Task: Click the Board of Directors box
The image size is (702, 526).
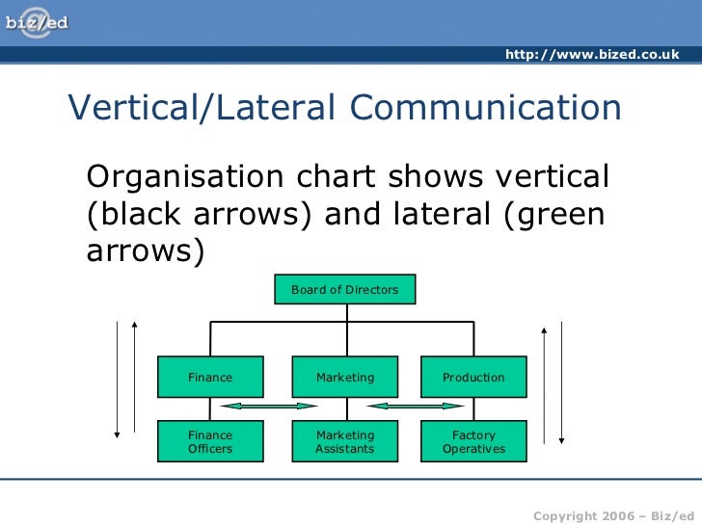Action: tap(345, 289)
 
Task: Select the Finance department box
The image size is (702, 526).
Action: tap(210, 377)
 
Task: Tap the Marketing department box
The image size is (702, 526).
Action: tap(345, 377)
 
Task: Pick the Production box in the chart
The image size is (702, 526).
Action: tap(473, 377)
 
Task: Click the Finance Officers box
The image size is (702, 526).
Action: tap(210, 442)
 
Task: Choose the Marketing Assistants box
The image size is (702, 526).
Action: tap(345, 442)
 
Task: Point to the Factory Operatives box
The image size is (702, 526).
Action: tap(473, 442)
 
